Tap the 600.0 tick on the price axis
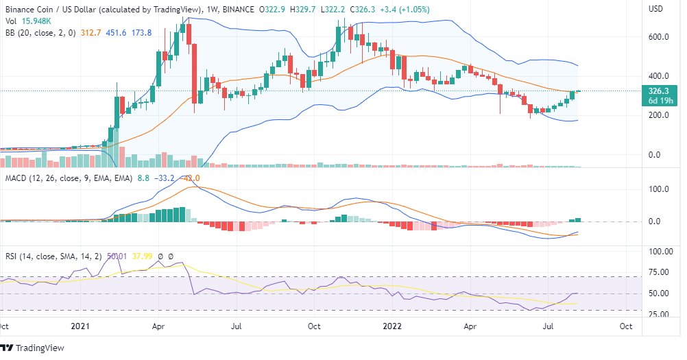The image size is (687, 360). pyautogui.click(x=660, y=37)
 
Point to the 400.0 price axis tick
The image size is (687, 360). pyautogui.click(x=660, y=76)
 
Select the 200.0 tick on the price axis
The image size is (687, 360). pyautogui.click(x=660, y=115)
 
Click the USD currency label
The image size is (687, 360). pyautogui.click(x=656, y=9)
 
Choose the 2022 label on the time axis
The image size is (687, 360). pyautogui.click(x=394, y=328)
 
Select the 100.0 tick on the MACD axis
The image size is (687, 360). pyautogui.click(x=660, y=188)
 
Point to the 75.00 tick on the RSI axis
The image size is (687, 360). pyautogui.click(x=660, y=272)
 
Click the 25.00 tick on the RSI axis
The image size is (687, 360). pyautogui.click(x=660, y=315)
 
